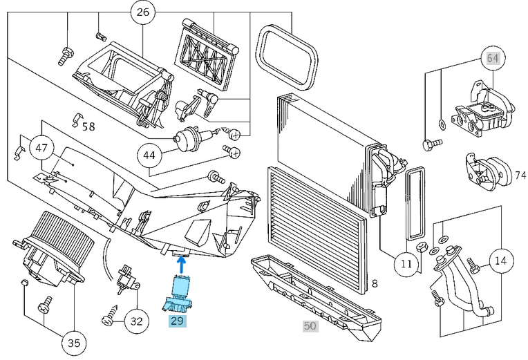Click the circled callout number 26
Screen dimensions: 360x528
coord(142,12)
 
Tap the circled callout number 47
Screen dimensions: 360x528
coord(41,148)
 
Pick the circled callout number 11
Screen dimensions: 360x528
coord(406,263)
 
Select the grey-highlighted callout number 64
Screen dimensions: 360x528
coord(492,58)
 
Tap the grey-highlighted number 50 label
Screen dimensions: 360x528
coord(310,325)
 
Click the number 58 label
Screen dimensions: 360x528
coord(88,126)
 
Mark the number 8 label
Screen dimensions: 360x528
coord(374,283)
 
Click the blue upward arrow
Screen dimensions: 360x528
coord(181,263)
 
